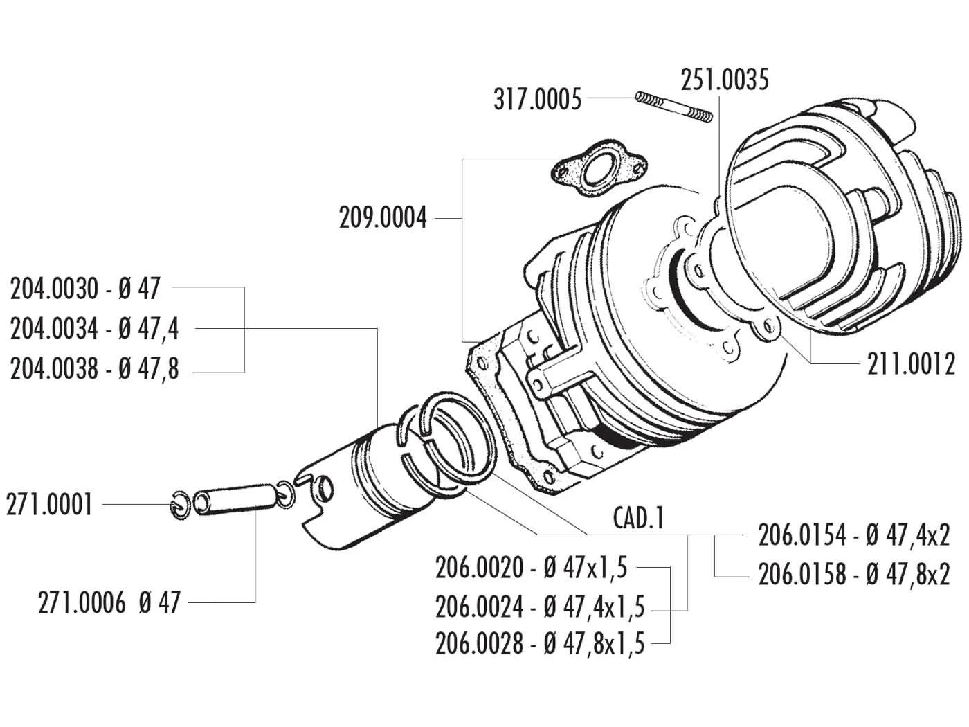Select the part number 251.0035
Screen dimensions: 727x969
[725, 80]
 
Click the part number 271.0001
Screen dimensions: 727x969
[49, 505]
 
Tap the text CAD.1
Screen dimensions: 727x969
[638, 517]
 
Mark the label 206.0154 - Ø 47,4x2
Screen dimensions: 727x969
[844, 535]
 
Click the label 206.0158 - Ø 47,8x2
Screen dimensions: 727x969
[844, 575]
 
